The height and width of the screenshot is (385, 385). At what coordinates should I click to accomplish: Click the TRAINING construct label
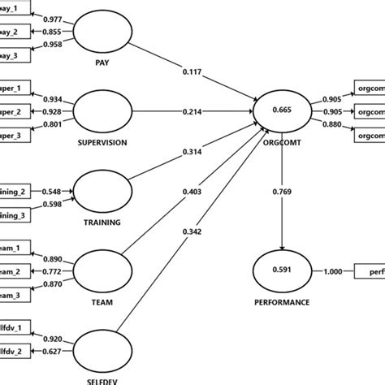click(x=103, y=221)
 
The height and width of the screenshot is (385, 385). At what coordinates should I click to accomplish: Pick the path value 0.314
click(x=192, y=151)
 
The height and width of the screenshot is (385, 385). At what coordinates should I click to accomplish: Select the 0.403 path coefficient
click(x=192, y=192)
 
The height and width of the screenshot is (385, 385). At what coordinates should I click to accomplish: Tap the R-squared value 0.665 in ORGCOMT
click(x=281, y=110)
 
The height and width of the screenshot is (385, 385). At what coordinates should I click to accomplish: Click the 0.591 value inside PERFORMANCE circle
click(x=281, y=270)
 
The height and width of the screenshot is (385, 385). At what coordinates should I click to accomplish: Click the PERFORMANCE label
click(x=282, y=301)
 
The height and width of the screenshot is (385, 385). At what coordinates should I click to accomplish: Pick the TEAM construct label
click(x=103, y=301)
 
